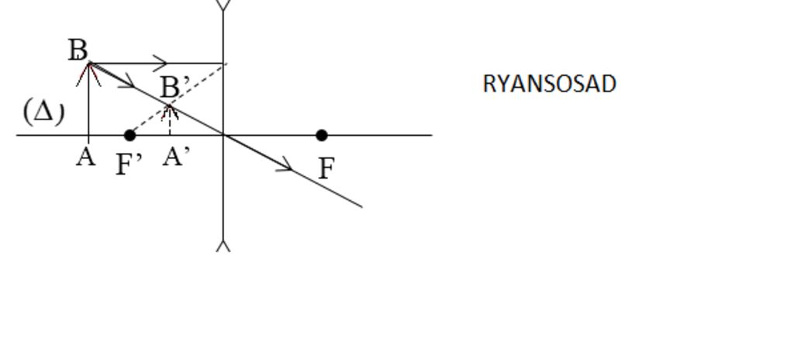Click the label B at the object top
(78, 50)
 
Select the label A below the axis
(86, 157)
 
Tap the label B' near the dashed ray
(175, 87)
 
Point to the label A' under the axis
(176, 157)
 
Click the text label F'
(129, 164)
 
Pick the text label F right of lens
(326, 168)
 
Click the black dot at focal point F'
(129, 135)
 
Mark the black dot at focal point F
(322, 135)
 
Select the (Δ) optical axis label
(44, 112)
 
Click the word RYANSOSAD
(550, 84)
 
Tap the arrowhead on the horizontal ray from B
(160, 63)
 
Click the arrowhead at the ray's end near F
(285, 164)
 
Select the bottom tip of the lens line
(223, 251)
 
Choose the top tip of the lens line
(223, 1)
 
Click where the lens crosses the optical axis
(223, 135)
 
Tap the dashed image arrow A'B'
(170, 119)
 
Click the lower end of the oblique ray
(361, 207)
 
